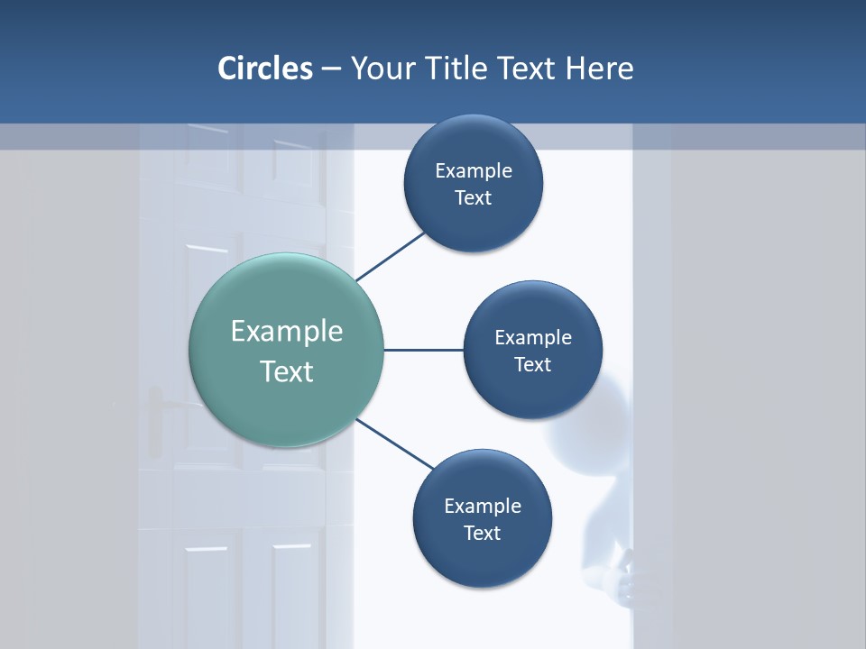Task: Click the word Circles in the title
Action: tap(265, 69)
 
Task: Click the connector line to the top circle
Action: tap(391, 257)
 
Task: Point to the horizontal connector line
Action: tap(424, 350)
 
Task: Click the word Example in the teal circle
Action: tap(287, 332)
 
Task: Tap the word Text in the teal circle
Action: tap(287, 371)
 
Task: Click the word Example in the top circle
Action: tap(474, 170)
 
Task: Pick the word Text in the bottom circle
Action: tap(483, 533)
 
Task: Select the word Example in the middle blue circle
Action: tap(533, 337)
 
